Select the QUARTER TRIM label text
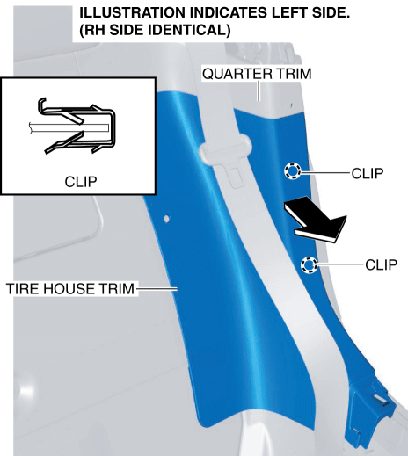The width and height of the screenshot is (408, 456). pos(257,74)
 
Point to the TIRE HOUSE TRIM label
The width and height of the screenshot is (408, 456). pos(70,289)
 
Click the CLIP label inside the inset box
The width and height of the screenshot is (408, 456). pos(81,182)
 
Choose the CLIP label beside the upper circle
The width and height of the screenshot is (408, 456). pos(368,173)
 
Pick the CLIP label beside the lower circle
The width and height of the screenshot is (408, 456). pos(382,264)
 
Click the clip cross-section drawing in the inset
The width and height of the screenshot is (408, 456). pos(72,126)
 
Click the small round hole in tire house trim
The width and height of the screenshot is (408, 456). pos(166,219)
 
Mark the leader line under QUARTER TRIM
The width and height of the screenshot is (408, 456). pos(259,91)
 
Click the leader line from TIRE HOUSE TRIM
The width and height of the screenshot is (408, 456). pos(157,289)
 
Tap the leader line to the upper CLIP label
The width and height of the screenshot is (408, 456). pos(326,173)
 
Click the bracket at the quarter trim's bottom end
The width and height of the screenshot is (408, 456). pos(371,411)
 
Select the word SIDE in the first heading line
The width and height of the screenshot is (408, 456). pos(331,13)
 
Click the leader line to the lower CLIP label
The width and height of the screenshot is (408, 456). pos(341,264)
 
